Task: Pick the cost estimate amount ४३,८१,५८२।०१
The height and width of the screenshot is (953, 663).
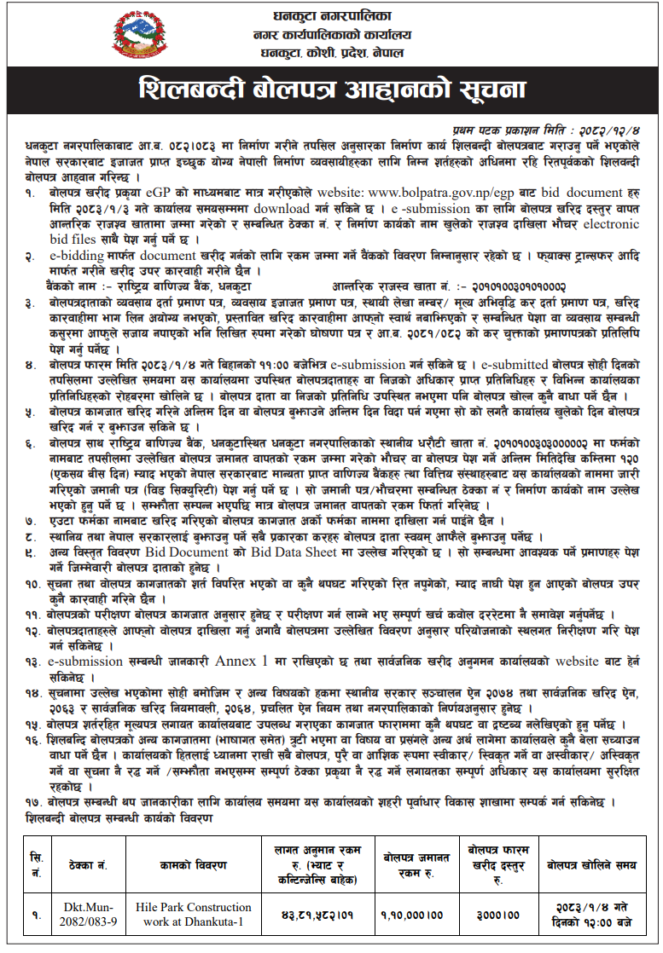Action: click(316, 915)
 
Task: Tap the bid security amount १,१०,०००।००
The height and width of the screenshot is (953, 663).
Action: click(413, 915)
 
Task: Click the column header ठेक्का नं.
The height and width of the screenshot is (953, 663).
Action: click(83, 864)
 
